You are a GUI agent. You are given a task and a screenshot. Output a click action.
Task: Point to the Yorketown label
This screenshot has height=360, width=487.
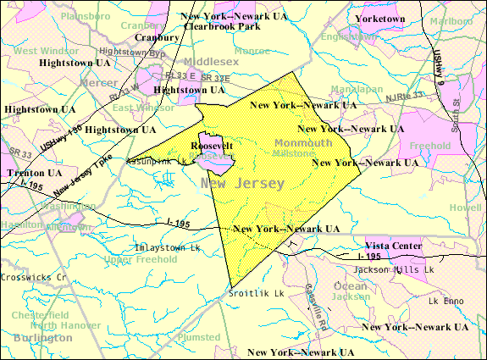coord(380,18)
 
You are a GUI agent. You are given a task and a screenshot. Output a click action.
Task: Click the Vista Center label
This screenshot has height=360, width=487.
coord(394,246)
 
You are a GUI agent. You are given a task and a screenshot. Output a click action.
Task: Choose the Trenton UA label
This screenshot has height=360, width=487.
coord(31,172)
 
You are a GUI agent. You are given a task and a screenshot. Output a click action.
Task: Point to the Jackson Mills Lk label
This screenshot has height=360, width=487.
coord(394,269)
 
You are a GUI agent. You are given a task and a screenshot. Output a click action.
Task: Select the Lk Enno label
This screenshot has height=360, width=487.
coord(447,301)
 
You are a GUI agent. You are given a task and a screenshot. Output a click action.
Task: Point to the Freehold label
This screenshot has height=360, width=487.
coord(435,146)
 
